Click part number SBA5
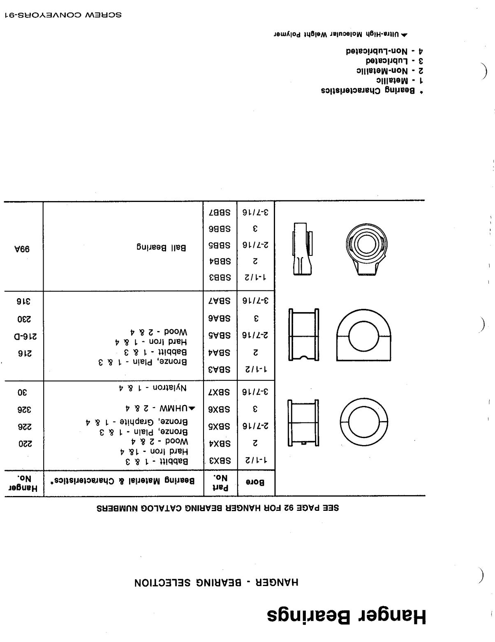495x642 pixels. [x=220, y=335]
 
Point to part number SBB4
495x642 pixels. [x=220, y=261]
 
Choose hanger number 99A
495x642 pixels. [x=23, y=249]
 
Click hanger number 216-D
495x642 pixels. [x=23, y=337]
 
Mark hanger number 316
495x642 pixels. [x=23, y=300]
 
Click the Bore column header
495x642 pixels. [x=255, y=482]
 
